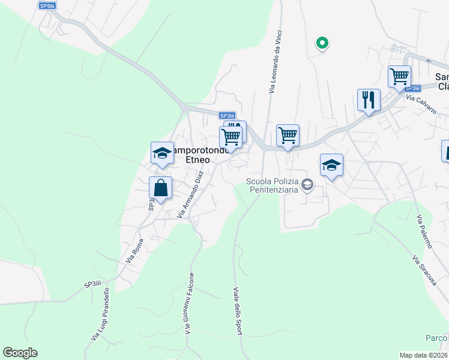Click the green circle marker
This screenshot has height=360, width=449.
[322, 43]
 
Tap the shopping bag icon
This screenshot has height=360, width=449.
[161, 188]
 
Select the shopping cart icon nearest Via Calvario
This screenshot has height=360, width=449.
[399, 77]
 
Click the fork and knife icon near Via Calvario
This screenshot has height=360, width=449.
[369, 100]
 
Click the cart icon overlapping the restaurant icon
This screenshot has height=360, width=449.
[231, 137]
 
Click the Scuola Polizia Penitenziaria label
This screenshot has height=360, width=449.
[273, 186]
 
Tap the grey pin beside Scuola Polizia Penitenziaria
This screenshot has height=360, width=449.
[307, 184]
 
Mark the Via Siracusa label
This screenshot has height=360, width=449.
[424, 269]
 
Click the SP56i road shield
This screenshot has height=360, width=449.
[47, 5]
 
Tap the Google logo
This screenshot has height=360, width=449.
[20, 353]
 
